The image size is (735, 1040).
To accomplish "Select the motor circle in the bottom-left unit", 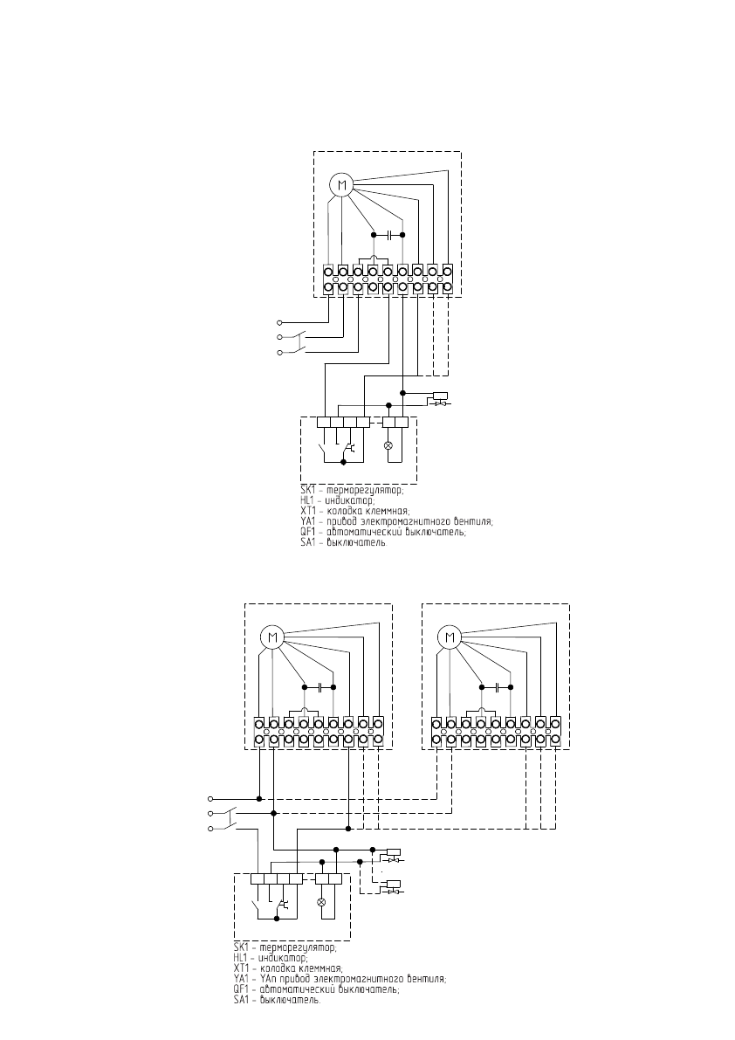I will (x=272, y=637).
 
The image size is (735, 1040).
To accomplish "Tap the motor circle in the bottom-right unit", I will (x=450, y=637).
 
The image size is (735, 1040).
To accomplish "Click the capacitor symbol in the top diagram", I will (x=388, y=234).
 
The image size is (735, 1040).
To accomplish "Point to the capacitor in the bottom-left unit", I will (x=320, y=687).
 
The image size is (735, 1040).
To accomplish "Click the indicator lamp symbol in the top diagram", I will (x=388, y=444).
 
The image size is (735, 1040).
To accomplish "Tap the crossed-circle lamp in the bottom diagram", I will (x=320, y=900).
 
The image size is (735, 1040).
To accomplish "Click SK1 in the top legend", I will (x=306, y=492).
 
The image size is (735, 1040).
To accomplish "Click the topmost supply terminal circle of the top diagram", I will (x=279, y=321).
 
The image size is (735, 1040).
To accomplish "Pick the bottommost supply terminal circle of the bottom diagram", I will (x=210, y=829).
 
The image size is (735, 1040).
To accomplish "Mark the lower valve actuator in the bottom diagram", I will (x=393, y=885).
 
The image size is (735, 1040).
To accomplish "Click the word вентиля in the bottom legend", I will (x=425, y=979).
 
